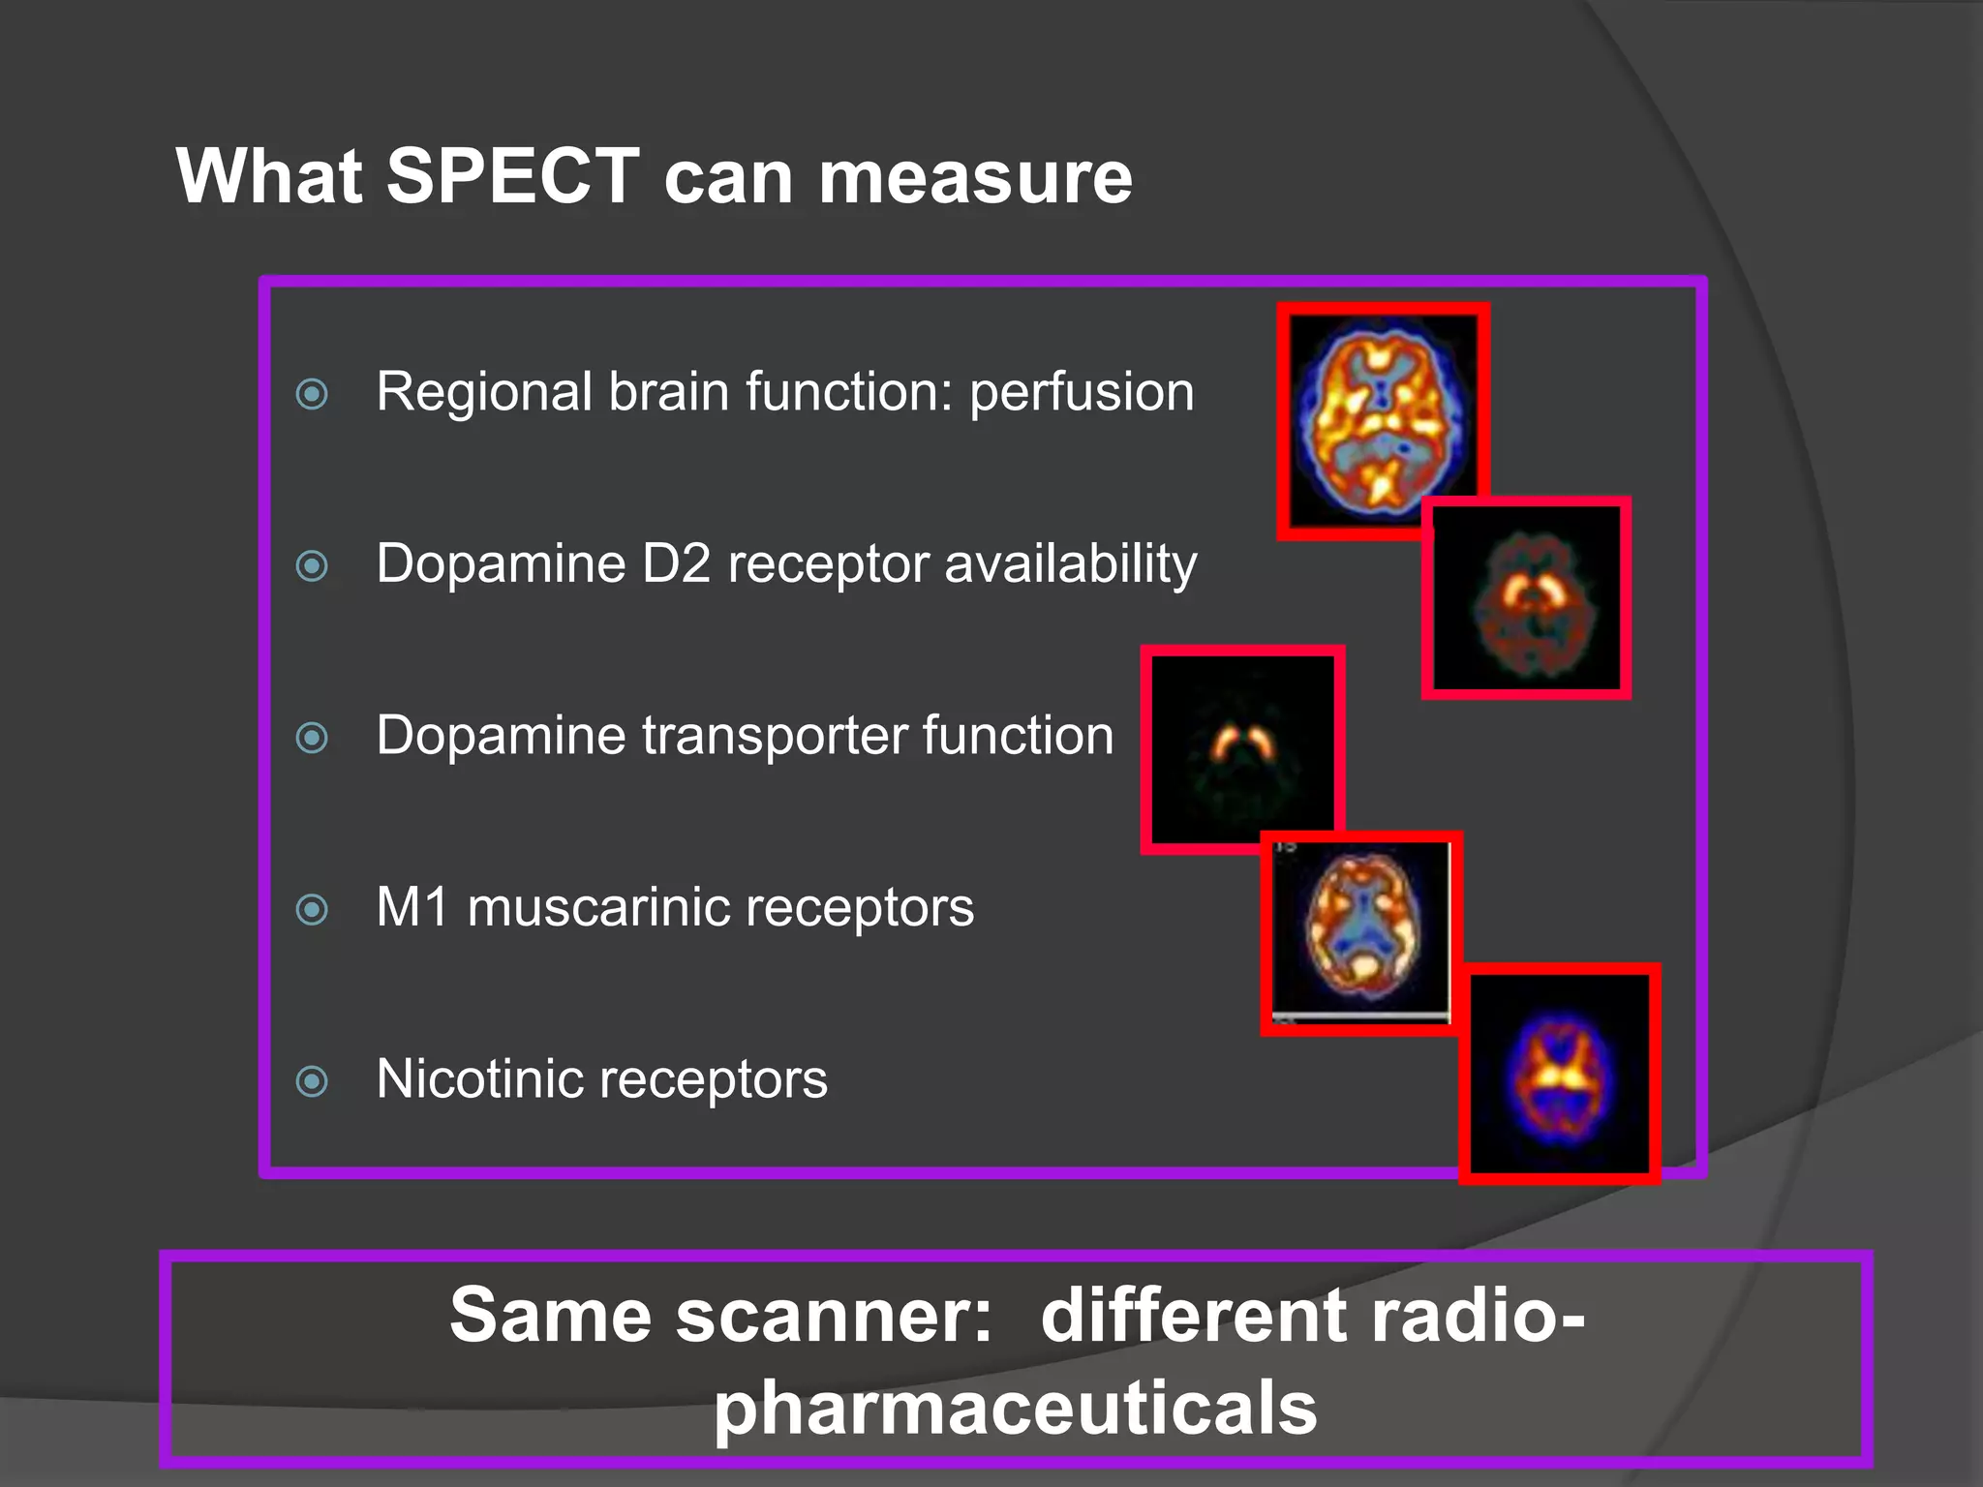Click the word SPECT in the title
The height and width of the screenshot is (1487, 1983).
click(x=512, y=176)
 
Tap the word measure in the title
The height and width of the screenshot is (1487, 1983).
click(x=975, y=178)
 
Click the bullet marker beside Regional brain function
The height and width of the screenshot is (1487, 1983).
click(x=312, y=393)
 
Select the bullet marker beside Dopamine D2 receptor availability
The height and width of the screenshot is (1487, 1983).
click(x=312, y=565)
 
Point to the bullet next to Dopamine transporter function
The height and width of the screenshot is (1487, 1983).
click(x=312, y=738)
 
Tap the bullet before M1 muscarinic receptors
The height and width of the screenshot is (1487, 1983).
click(x=312, y=909)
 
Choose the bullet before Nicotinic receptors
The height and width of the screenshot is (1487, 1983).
click(x=312, y=1080)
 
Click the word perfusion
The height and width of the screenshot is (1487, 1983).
click(x=1082, y=393)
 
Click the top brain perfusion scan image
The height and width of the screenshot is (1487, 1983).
click(x=1382, y=421)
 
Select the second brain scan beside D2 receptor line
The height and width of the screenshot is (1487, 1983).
click(x=1526, y=598)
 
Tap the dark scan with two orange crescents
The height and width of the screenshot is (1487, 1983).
click(x=1242, y=749)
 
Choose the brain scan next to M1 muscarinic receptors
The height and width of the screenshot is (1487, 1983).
click(x=1360, y=932)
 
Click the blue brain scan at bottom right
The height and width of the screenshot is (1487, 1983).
click(x=1559, y=1073)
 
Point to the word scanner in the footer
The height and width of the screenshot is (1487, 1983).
click(x=834, y=1316)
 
